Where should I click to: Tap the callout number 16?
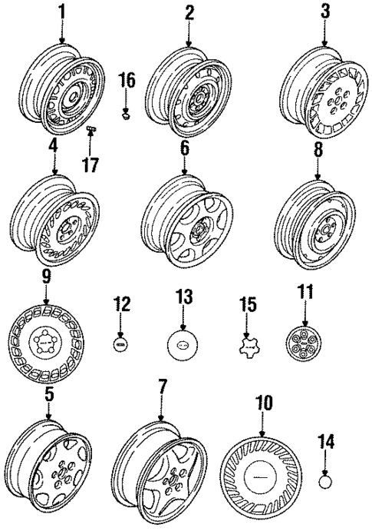127,79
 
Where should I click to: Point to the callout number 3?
325,13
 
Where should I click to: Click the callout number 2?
189,13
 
